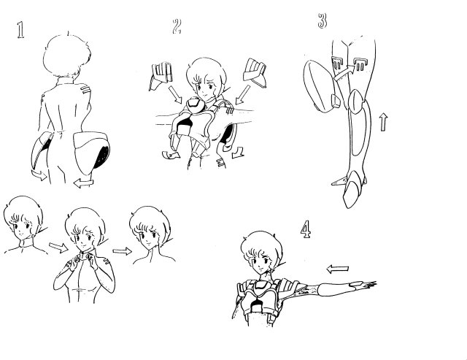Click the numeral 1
tap(20, 30)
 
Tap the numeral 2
tap(177, 26)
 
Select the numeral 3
tap(323, 20)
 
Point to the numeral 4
tap(306, 229)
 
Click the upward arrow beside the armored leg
tap(384, 122)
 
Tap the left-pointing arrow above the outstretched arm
tap(337, 269)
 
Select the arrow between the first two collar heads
tap(58, 248)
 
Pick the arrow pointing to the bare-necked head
tap(122, 251)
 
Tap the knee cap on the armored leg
tap(355, 102)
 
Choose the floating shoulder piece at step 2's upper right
tap(255, 73)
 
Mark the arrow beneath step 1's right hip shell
tap(84, 183)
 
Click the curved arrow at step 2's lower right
tap(238, 153)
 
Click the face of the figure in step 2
tap(205, 86)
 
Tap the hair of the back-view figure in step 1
tap(67, 55)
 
